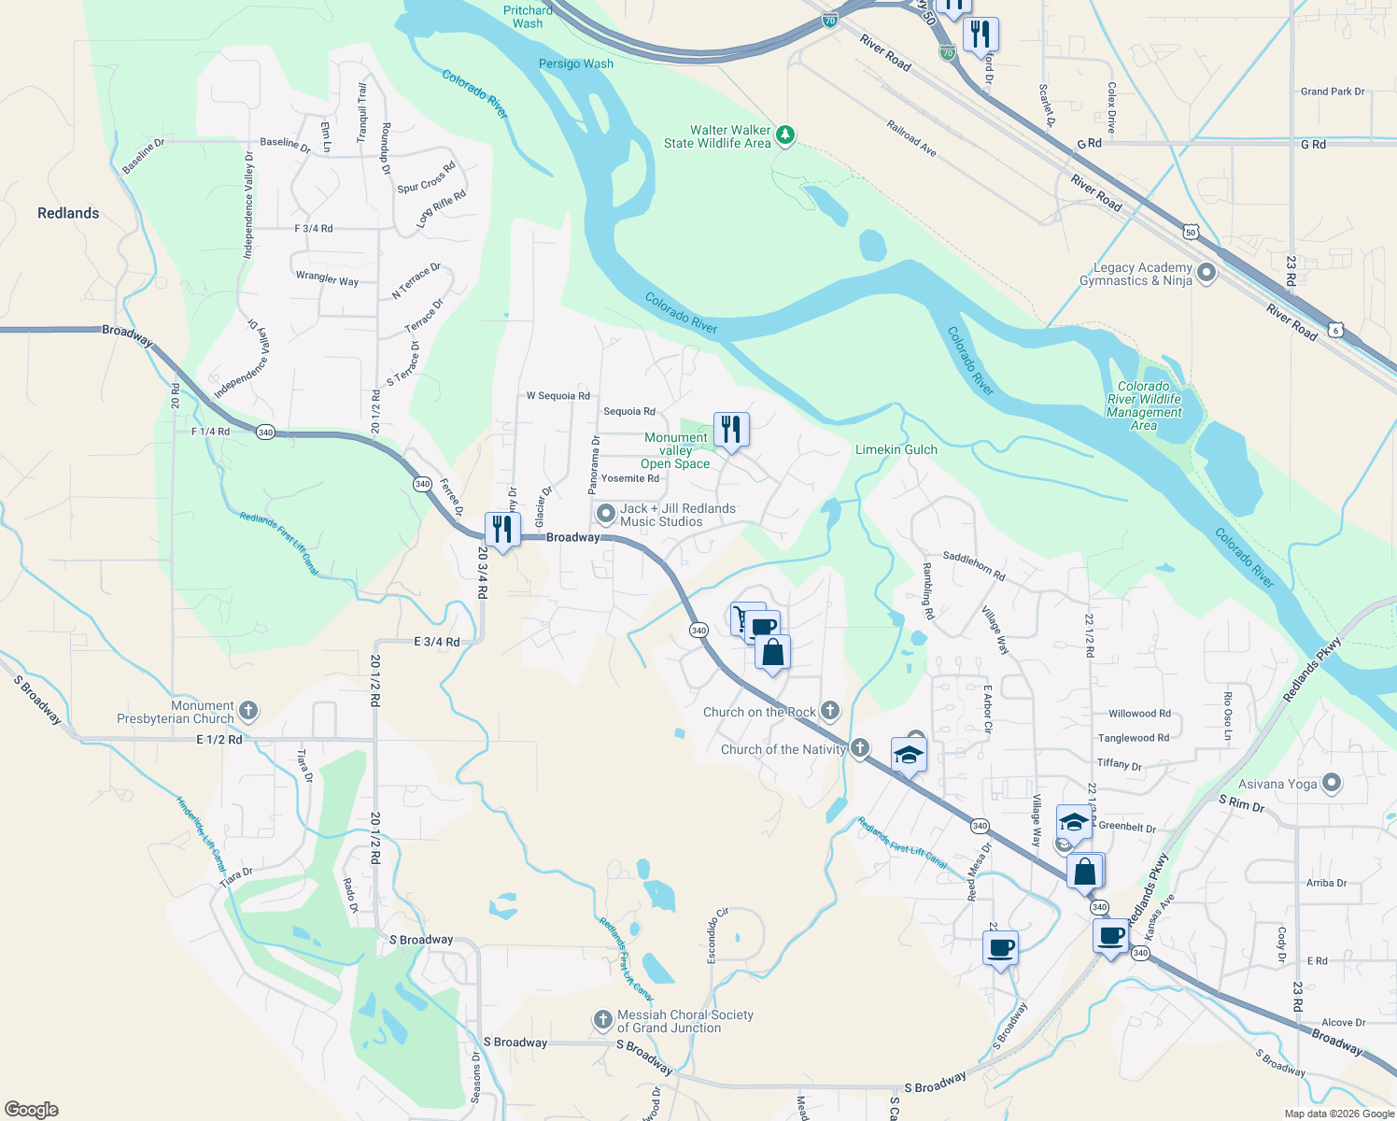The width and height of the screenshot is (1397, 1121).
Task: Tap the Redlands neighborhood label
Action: pyautogui.click(x=68, y=213)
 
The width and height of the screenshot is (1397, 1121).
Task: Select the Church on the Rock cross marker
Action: pyautogui.click(x=830, y=712)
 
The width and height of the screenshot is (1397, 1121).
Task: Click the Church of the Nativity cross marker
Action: pyautogui.click(x=860, y=748)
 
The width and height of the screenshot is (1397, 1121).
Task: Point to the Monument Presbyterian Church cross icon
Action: pyautogui.click(x=248, y=711)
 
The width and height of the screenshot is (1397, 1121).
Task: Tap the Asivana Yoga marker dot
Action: pyautogui.click(x=1332, y=784)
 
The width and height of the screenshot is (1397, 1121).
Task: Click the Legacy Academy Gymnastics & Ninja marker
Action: pyautogui.click(x=1206, y=274)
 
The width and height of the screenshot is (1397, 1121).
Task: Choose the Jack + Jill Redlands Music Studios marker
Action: pyautogui.click(x=605, y=514)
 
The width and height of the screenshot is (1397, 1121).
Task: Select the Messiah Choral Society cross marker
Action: pyautogui.click(x=603, y=1020)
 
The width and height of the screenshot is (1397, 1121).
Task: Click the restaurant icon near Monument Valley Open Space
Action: pyautogui.click(x=731, y=430)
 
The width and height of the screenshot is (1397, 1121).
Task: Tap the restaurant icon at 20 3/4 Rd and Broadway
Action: pyautogui.click(x=502, y=530)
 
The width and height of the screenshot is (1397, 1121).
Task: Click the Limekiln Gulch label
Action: pyautogui.click(x=896, y=449)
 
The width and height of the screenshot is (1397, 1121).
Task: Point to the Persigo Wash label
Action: pyautogui.click(x=576, y=64)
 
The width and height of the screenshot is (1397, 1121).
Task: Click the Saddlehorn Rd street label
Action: pyautogui.click(x=974, y=565)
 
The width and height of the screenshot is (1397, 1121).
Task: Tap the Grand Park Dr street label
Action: pyautogui.click(x=1333, y=92)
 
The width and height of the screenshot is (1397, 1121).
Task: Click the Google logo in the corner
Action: pyautogui.click(x=32, y=1110)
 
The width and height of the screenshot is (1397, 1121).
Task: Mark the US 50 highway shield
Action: pyautogui.click(x=1190, y=231)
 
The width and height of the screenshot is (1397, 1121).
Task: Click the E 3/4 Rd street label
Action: pyautogui.click(x=437, y=642)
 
